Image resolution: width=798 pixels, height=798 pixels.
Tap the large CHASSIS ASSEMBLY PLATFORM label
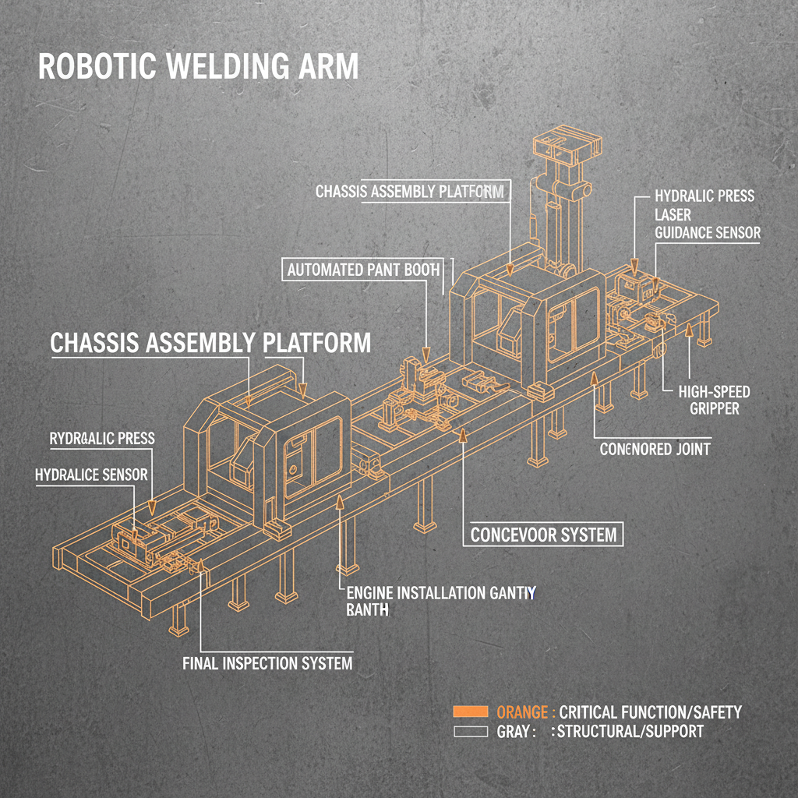pyautogui.click(x=210, y=342)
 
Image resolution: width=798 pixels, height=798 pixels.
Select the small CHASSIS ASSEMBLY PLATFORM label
pyautogui.click(x=410, y=191)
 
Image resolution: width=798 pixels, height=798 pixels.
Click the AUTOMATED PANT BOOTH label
pyautogui.click(x=364, y=270)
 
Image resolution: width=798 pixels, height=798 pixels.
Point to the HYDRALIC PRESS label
pyautogui.click(x=704, y=195)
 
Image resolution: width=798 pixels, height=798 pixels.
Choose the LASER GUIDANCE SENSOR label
pyautogui.click(x=707, y=223)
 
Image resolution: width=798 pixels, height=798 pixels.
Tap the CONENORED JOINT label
pyautogui.click(x=655, y=450)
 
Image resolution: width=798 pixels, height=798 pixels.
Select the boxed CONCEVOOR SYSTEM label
pyautogui.click(x=544, y=535)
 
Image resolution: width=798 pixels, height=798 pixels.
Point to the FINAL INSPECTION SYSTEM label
pyautogui.click(x=267, y=664)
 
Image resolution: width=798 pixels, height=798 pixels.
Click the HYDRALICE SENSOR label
pyautogui.click(x=91, y=474)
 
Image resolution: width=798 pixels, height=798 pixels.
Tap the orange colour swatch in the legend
pyautogui.click(x=470, y=711)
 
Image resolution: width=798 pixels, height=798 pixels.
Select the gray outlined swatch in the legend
pyautogui.click(x=470, y=732)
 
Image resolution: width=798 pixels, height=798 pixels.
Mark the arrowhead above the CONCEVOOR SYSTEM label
pyautogui.click(x=464, y=436)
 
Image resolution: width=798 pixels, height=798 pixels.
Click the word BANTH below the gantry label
pyautogui.click(x=366, y=610)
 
